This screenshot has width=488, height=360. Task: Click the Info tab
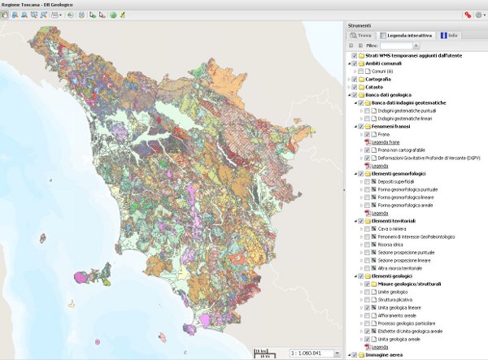450,36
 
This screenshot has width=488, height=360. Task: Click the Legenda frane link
387,142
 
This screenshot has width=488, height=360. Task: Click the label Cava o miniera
394,229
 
